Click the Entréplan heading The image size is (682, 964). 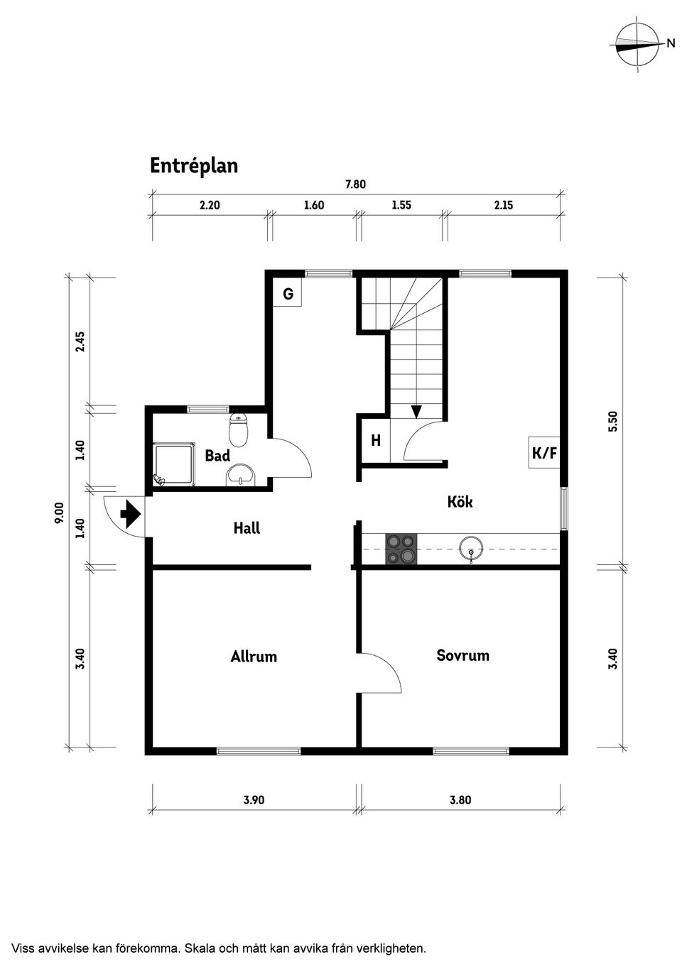(x=193, y=166)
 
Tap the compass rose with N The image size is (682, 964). (x=637, y=45)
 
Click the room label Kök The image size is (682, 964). (x=460, y=502)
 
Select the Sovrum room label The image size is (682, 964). (x=462, y=655)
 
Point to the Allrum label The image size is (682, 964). (x=254, y=657)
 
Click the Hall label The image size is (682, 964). (x=247, y=528)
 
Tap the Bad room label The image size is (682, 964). (x=217, y=456)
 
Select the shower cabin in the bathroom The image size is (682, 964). (x=173, y=465)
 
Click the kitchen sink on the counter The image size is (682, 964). (x=471, y=549)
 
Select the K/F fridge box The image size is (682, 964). (x=544, y=452)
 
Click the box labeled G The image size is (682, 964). (x=288, y=293)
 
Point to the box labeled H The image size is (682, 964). (x=375, y=441)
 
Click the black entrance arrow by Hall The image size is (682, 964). (x=130, y=513)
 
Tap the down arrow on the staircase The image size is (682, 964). (x=416, y=412)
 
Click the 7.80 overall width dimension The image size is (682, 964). (x=355, y=185)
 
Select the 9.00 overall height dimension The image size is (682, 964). (x=60, y=513)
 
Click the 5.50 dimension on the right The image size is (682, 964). (x=615, y=422)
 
